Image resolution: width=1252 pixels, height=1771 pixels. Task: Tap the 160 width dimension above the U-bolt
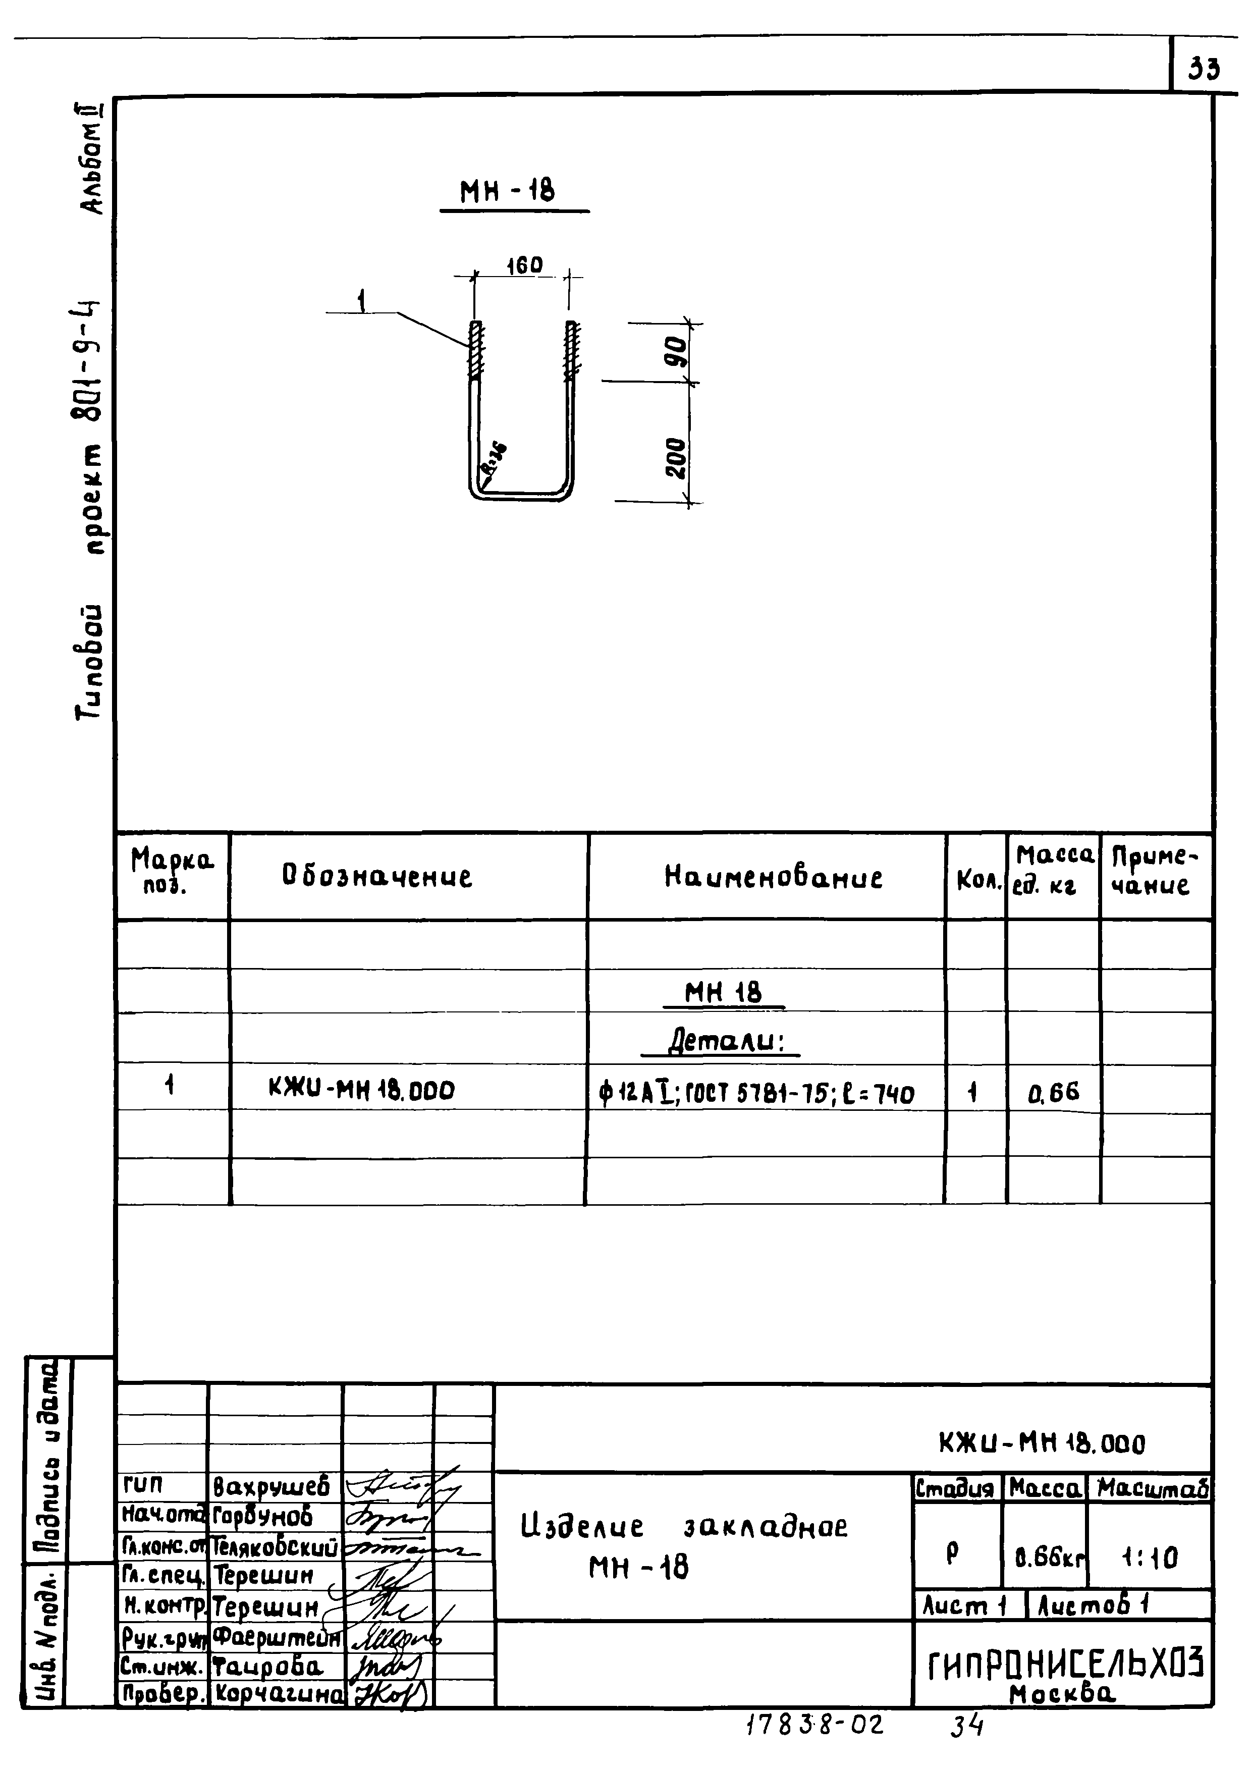(524, 265)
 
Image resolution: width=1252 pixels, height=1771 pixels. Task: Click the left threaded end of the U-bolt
(476, 350)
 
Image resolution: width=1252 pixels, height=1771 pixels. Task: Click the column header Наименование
(774, 877)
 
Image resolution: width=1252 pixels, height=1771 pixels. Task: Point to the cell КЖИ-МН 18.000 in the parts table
(362, 1090)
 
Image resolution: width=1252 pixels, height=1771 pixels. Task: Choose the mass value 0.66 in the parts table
(1053, 1092)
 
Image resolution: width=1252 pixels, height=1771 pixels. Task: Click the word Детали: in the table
(725, 1043)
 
